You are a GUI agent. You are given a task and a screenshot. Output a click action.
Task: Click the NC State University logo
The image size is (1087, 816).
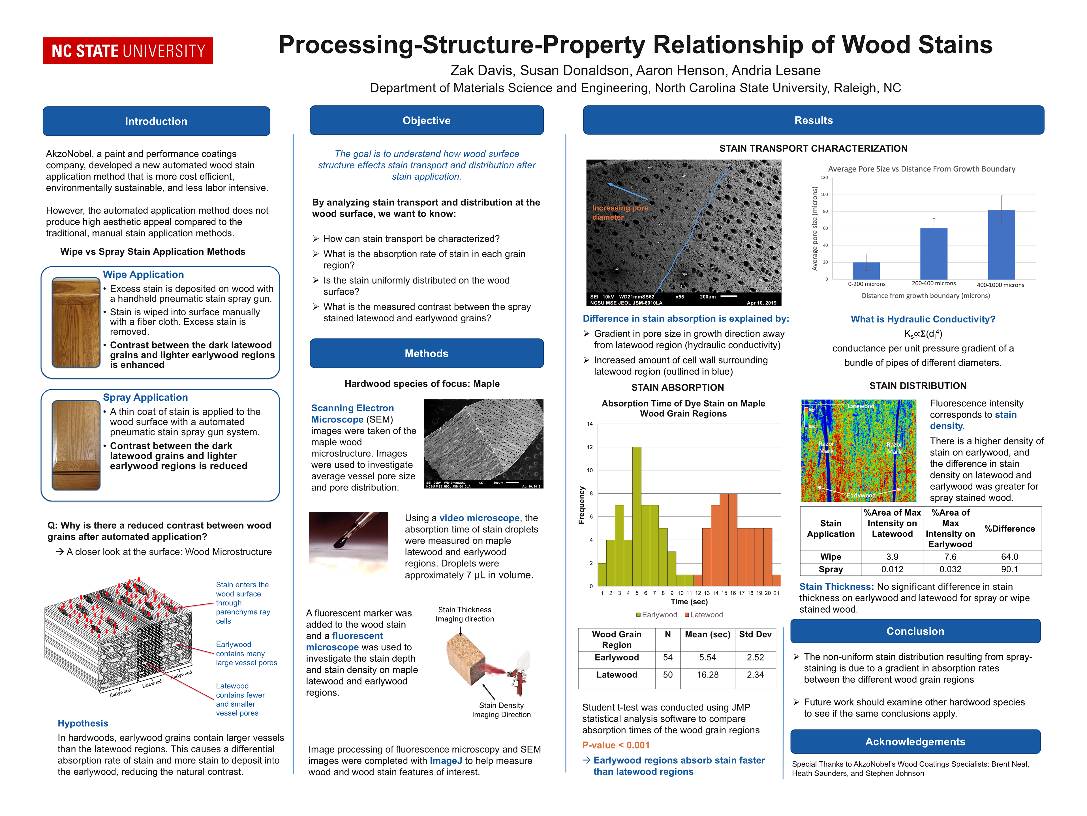pos(128,51)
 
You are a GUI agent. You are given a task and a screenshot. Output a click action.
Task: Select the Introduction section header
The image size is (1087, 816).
pos(156,121)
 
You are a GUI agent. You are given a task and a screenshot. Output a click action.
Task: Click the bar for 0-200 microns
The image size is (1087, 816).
pos(866,271)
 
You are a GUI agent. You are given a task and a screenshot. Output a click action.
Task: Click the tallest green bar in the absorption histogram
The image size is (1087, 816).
pos(636,517)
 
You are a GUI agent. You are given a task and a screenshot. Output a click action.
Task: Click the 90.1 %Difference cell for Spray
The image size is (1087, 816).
pos(1009,569)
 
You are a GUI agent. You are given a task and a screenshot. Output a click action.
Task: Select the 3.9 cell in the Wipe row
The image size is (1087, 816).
pos(892,557)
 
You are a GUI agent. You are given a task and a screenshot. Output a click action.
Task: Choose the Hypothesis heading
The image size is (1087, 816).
pos(83,723)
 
